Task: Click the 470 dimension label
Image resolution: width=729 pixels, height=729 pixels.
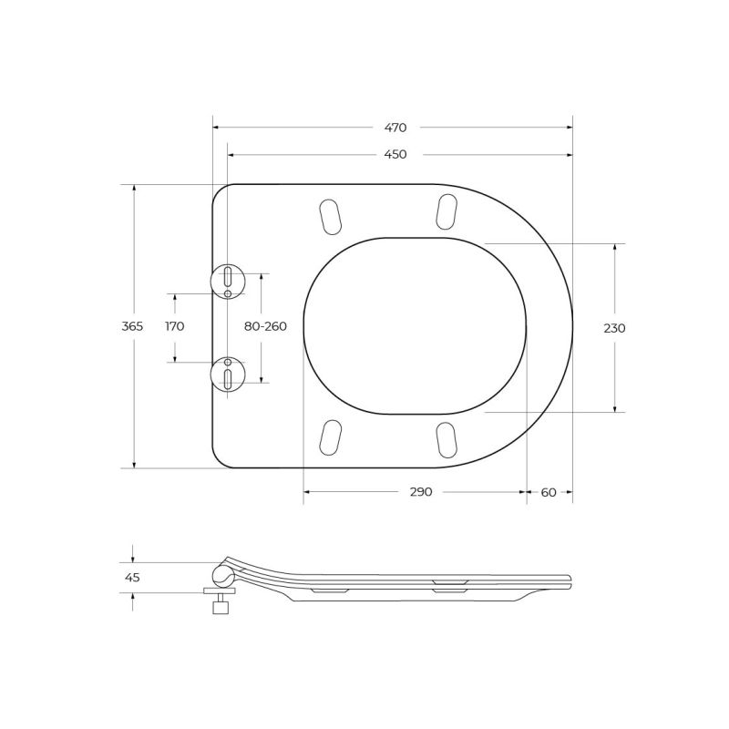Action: click(395, 128)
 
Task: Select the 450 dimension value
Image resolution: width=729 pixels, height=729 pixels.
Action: click(395, 154)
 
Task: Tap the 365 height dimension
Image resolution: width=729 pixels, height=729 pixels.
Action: click(132, 326)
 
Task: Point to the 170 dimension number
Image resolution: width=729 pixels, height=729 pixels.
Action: click(175, 326)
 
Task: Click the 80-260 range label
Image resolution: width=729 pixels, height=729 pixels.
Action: click(265, 326)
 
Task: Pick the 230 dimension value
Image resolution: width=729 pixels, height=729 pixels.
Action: click(614, 328)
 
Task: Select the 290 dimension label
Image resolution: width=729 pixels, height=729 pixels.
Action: click(421, 492)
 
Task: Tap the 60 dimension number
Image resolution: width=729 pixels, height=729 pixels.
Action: click(549, 492)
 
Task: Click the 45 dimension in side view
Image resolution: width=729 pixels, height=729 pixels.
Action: click(132, 578)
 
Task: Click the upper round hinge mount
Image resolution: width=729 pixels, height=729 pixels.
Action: click(227, 282)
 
